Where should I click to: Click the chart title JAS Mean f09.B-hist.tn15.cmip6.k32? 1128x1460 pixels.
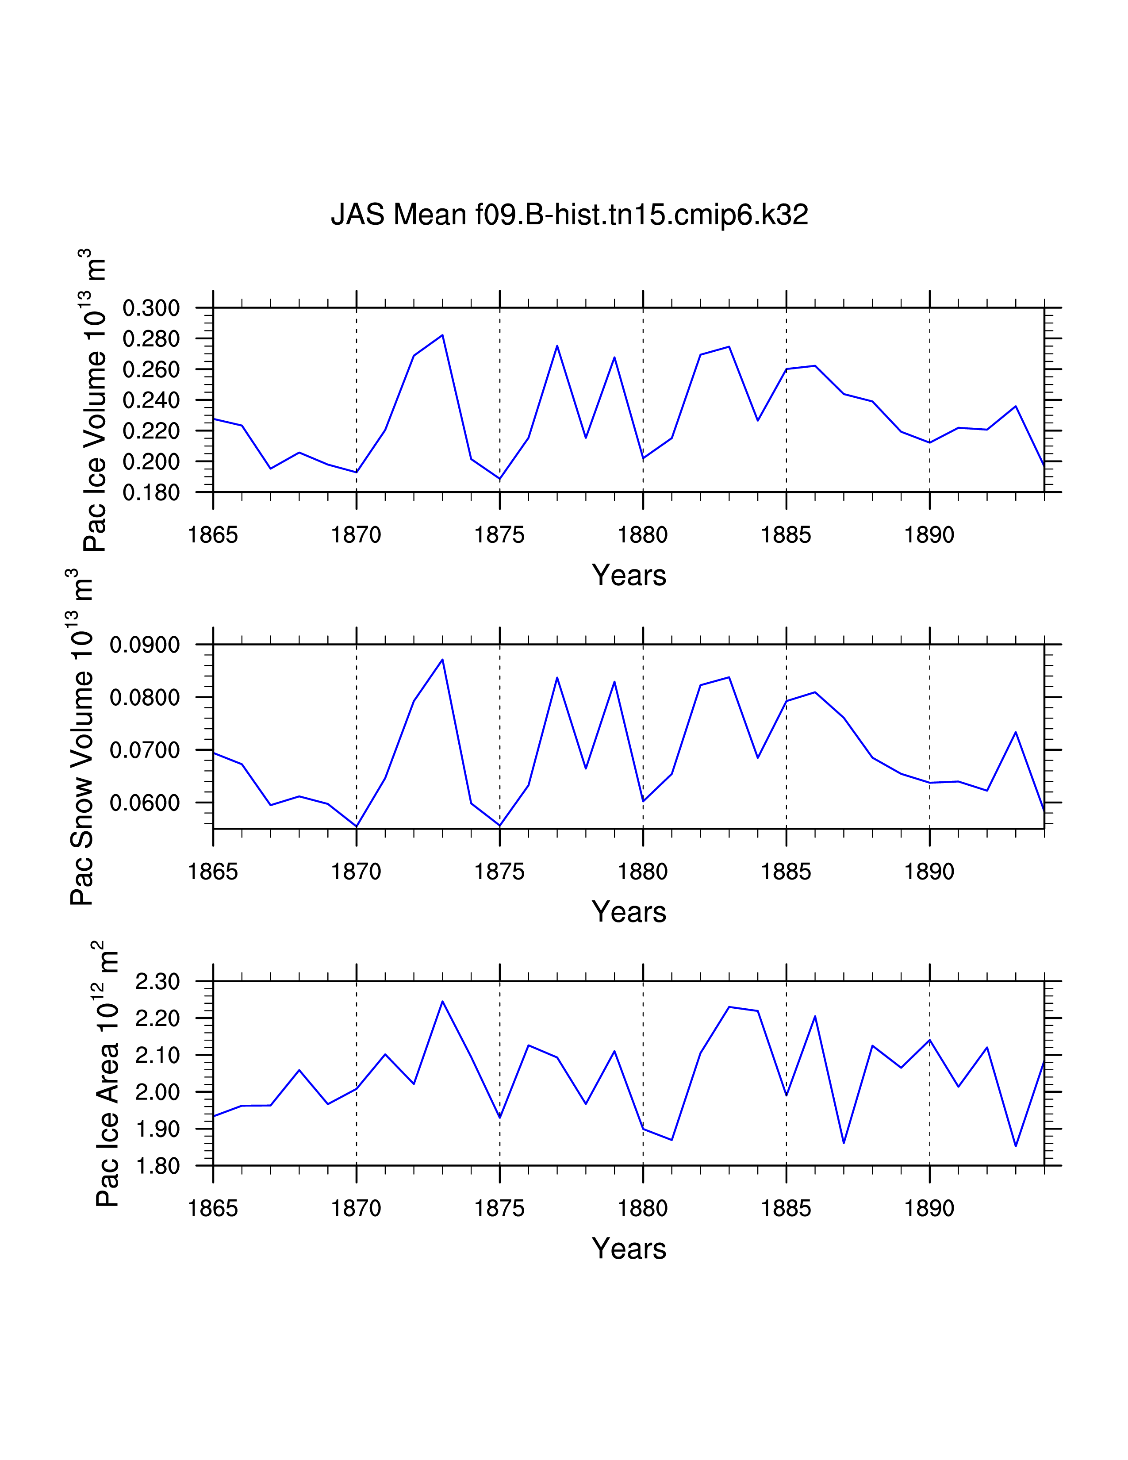[569, 215]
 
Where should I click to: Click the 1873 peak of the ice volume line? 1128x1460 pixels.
[442, 335]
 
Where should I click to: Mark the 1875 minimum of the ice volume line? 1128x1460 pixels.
[500, 479]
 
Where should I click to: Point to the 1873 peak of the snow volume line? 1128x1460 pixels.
[442, 660]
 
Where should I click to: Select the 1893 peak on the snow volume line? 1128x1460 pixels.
[1015, 732]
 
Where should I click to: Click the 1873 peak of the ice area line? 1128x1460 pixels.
[442, 1001]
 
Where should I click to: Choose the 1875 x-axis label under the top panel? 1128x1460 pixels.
[500, 535]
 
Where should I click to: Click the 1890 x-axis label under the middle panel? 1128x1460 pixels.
[929, 872]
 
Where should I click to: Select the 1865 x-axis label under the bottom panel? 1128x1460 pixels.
[213, 1209]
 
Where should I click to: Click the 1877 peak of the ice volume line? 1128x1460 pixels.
[556, 346]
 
